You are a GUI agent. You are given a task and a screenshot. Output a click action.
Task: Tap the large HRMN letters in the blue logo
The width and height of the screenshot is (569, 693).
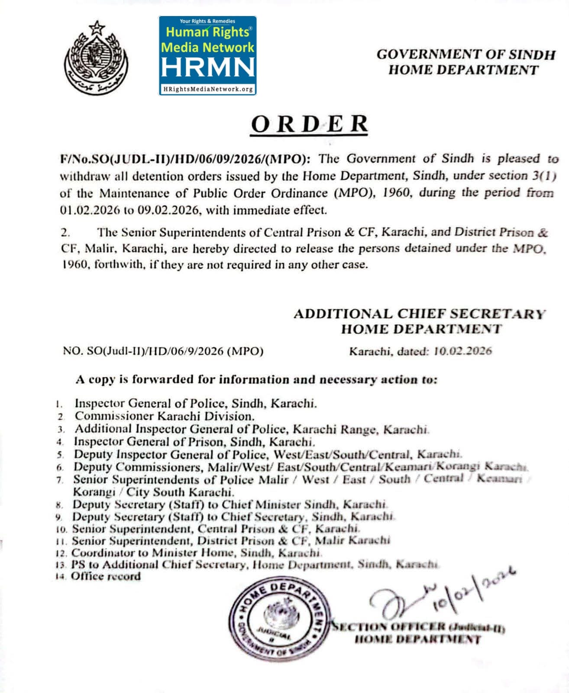pos(208,67)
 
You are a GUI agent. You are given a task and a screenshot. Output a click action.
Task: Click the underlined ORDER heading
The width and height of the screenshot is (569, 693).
pos(309,124)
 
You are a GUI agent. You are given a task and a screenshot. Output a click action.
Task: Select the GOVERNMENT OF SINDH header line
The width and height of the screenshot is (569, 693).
pos(466,55)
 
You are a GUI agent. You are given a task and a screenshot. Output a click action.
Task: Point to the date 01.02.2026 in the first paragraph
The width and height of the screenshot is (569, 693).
pos(90,210)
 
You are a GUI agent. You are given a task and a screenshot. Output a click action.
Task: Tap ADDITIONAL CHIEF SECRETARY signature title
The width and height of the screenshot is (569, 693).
pos(419,314)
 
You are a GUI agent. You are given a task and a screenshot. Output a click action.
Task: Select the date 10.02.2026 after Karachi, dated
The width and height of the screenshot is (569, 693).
pos(462,351)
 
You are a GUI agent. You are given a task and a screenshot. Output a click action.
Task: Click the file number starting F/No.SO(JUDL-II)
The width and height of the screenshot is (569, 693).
pos(185,159)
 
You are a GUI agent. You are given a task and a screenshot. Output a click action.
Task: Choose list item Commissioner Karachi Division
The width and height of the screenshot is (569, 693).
pos(165,416)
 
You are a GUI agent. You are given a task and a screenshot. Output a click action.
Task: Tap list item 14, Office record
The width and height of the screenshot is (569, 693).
pos(106,576)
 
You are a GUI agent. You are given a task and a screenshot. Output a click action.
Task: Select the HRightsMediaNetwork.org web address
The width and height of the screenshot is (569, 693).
pos(208,89)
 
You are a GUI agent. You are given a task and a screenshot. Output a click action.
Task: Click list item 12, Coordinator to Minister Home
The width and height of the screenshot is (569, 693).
pos(196,553)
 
